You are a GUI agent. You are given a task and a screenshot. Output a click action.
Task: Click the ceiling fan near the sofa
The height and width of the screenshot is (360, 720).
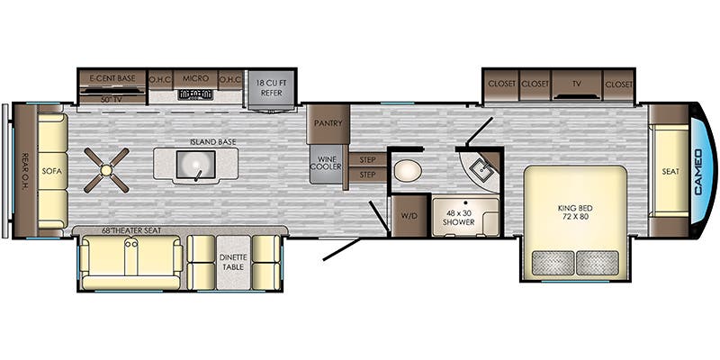pyautogui.click(x=106, y=170)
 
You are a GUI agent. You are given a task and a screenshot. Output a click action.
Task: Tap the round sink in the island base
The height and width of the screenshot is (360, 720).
pyautogui.click(x=196, y=165)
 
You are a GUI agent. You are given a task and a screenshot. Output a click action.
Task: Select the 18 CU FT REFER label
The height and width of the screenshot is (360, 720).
pyautogui.click(x=272, y=87)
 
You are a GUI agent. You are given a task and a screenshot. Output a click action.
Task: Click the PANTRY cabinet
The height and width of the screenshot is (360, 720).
pyautogui.click(x=328, y=124)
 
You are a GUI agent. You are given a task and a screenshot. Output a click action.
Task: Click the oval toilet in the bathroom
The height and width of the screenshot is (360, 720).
pyautogui.click(x=408, y=172)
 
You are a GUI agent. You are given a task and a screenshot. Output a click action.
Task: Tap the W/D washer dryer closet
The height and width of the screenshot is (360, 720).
pyautogui.click(x=409, y=216)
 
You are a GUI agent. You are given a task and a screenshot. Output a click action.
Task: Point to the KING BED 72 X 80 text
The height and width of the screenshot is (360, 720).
pyautogui.click(x=575, y=211)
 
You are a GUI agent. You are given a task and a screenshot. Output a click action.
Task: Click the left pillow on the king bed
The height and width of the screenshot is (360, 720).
pyautogui.click(x=553, y=263)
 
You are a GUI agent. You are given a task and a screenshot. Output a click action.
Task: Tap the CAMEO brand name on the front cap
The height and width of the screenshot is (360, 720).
pyautogui.click(x=699, y=171)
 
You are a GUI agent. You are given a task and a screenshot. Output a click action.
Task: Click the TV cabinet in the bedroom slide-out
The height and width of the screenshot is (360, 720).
pyautogui.click(x=577, y=85)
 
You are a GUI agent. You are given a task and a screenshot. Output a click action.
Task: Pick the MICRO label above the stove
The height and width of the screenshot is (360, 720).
pyautogui.click(x=195, y=78)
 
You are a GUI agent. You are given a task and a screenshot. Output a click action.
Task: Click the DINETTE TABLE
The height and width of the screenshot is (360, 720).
pyautogui.click(x=234, y=263)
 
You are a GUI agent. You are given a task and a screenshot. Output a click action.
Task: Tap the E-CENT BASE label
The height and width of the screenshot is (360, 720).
pyautogui.click(x=112, y=78)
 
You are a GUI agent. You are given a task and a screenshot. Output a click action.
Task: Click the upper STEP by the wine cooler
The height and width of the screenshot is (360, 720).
pyautogui.click(x=367, y=160)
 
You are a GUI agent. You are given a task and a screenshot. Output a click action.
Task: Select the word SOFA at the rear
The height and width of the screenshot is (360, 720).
pyautogui.click(x=51, y=171)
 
